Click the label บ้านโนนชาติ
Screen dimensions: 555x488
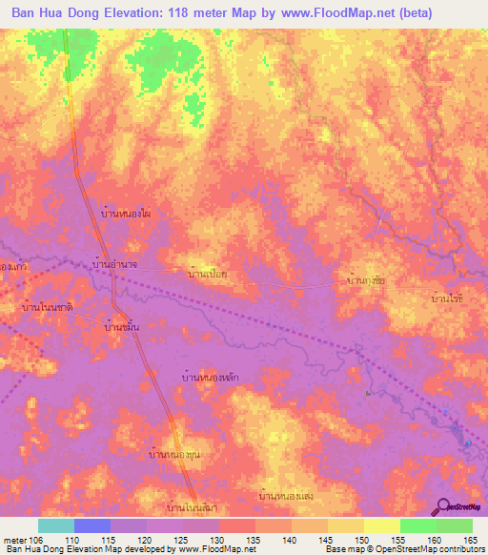point(48,308)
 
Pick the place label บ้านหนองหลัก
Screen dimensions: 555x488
point(209,378)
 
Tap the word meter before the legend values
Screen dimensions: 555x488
point(16,539)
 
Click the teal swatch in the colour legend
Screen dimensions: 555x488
point(56,525)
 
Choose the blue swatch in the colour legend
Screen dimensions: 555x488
point(92,525)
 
